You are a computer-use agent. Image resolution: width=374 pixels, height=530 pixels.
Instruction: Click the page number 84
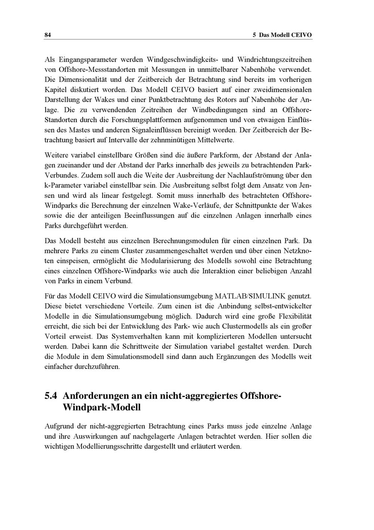click(47, 35)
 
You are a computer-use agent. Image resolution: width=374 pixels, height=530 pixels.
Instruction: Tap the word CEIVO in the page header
click(301, 35)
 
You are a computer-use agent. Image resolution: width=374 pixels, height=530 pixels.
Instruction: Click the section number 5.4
click(52, 396)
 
